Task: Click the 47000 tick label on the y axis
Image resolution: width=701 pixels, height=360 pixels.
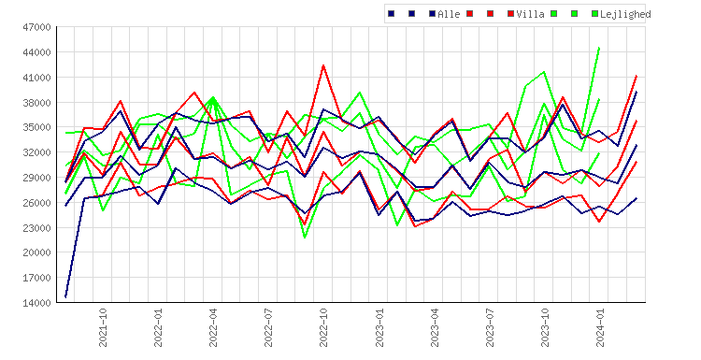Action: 37,28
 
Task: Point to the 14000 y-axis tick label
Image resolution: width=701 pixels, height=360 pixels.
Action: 37,303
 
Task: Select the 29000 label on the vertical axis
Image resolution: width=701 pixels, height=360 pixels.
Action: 37,178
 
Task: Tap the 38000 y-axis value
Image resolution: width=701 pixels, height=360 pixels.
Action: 37,103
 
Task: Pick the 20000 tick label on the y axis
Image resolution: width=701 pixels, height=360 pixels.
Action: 37,252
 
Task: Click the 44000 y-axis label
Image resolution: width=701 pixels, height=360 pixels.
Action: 37,52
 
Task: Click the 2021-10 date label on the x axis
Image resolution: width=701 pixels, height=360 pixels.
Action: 103,328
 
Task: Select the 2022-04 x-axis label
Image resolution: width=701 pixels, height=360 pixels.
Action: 213,328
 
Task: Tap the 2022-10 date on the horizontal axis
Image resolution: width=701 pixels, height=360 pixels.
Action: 323,328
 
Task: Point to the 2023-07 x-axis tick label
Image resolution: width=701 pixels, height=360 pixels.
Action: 490,328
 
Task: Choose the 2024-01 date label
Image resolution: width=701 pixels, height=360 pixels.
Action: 600,328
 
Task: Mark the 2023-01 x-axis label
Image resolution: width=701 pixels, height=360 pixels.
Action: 379,328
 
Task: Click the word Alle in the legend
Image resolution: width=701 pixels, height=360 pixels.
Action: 449,14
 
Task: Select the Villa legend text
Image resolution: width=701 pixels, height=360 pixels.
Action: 530,14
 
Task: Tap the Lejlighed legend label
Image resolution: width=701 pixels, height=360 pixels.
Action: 625,14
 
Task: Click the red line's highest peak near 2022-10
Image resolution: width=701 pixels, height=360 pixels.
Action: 323,65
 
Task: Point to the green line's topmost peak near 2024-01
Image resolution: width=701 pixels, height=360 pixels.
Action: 599,48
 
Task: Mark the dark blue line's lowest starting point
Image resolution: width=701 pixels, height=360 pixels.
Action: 65,296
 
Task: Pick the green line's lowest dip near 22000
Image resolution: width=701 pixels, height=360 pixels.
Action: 305,238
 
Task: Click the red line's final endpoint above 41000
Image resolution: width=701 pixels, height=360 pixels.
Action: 637,76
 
